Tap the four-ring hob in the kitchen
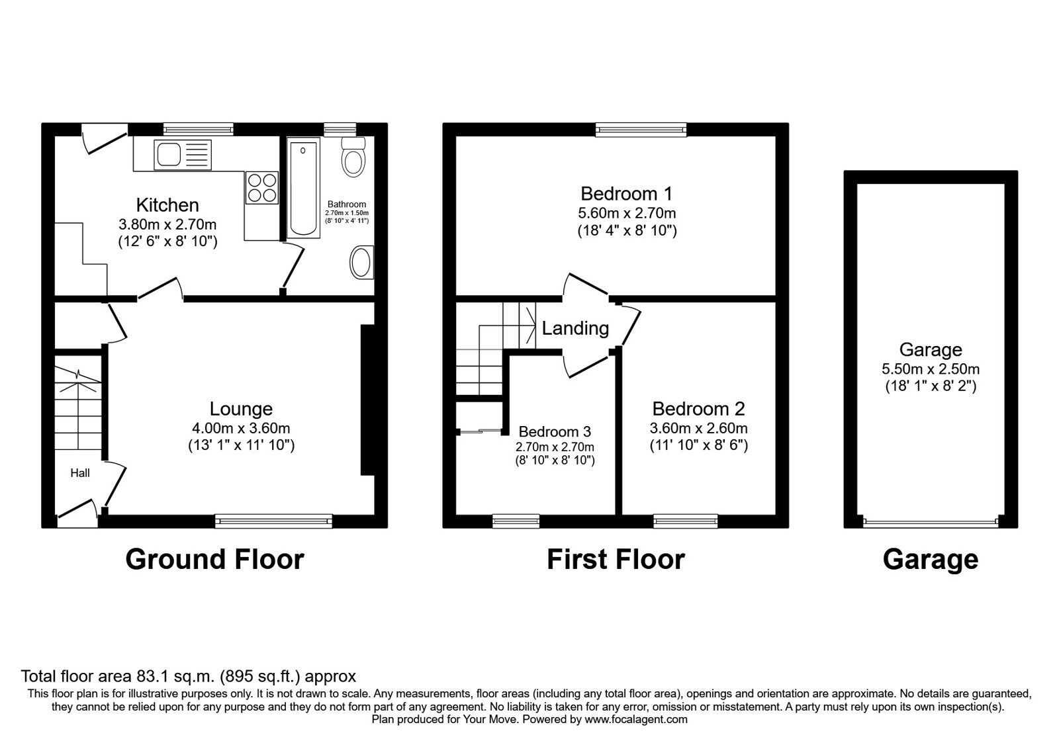click(261, 186)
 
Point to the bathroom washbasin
click(361, 262)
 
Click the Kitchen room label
click(167, 204)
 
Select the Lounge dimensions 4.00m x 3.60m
click(241, 428)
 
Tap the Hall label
click(80, 472)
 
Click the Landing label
click(575, 327)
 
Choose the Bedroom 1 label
click(626, 194)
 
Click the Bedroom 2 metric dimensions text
click(698, 427)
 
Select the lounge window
click(273, 522)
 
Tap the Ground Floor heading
click(214, 560)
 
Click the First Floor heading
click(616, 560)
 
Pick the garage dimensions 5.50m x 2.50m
click(930, 369)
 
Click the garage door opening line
click(930, 522)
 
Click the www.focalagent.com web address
click(636, 719)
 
